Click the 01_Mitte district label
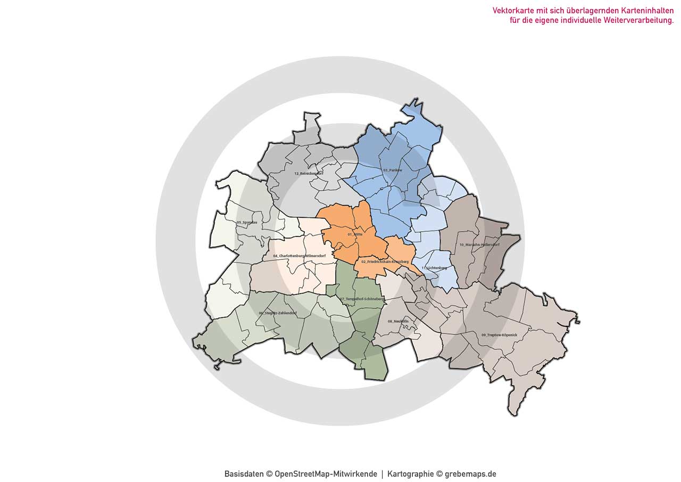coord(355,234)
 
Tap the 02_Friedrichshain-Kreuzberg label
coord(385,262)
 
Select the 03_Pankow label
coord(392,170)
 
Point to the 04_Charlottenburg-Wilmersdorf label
coord(299,256)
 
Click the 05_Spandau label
coord(247,222)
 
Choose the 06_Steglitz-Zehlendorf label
coord(277,313)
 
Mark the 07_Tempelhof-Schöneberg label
coord(361,299)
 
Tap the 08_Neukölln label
coord(397,321)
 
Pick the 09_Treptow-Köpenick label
coord(499,334)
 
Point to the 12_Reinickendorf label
coord(309,173)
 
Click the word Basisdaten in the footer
coord(244,474)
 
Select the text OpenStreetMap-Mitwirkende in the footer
coord(326,474)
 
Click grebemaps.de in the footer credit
coord(470,474)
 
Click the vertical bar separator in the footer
coord(382,474)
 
